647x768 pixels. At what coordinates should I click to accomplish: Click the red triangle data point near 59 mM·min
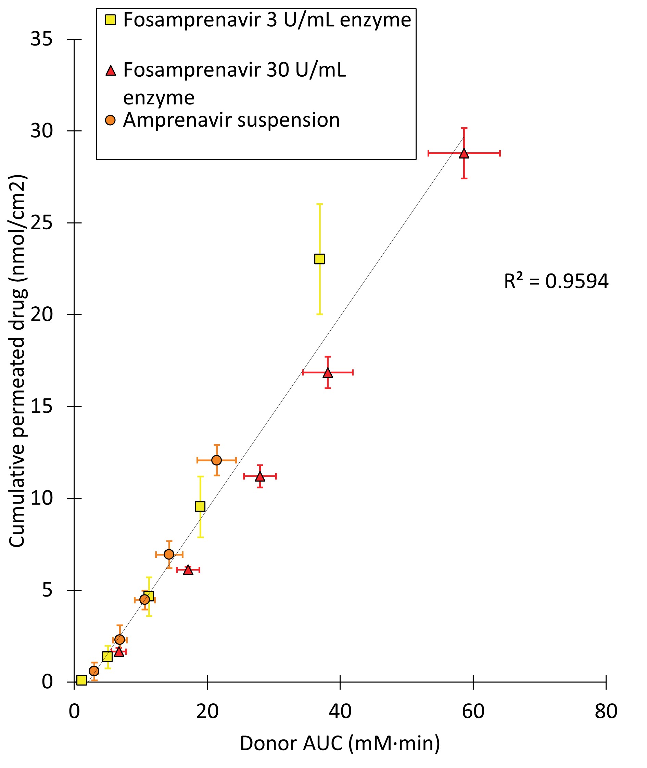(464, 154)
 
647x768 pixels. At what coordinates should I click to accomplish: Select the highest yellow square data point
(319, 259)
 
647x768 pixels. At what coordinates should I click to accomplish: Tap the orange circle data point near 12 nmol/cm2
(216, 460)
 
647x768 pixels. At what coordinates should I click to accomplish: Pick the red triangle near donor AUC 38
(328, 373)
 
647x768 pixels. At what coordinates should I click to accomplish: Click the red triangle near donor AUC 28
(260, 477)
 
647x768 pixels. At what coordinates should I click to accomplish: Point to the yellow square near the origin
(81, 680)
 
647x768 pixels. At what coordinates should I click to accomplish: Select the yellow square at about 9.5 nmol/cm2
(200, 507)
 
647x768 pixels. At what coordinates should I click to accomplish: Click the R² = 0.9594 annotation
(556, 282)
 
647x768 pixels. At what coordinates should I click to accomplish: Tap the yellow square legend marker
(110, 20)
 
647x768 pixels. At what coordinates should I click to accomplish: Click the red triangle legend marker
(110, 71)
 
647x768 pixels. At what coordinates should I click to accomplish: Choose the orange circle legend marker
(110, 120)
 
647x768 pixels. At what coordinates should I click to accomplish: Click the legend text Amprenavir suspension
(231, 120)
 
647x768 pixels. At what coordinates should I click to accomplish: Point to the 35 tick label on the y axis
(41, 39)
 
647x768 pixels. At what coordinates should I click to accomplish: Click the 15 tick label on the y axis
(41, 406)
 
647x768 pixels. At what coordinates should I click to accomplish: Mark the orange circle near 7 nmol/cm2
(169, 554)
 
